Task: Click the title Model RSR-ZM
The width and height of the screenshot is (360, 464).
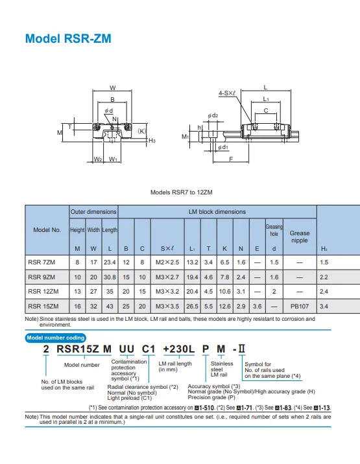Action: (67, 39)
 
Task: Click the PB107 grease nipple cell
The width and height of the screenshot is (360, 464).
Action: (299, 305)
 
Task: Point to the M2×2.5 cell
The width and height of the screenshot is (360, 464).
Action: (167, 262)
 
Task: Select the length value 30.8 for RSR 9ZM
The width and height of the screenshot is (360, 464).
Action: (110, 277)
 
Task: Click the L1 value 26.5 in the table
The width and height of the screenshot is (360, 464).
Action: (192, 305)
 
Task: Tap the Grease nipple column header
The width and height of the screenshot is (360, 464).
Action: (299, 237)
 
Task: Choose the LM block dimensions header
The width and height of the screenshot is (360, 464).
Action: (217, 212)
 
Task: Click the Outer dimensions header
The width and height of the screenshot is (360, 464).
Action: (93, 212)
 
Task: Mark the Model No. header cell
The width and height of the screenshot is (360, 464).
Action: (47, 230)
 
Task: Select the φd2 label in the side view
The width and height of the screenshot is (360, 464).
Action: (213, 115)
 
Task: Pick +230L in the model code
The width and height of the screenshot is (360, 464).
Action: (178, 349)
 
